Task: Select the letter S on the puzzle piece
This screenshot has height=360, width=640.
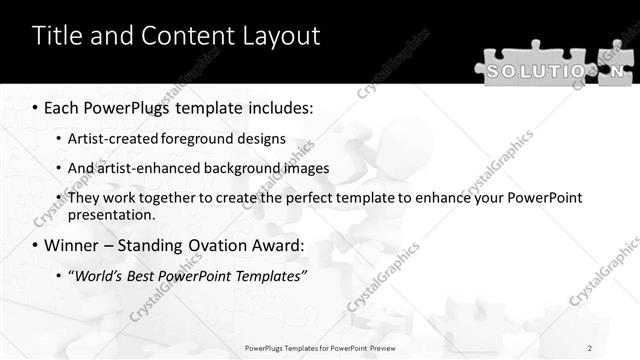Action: (495, 71)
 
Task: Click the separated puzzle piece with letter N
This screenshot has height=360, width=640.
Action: (619, 71)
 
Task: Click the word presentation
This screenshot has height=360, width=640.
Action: (111, 215)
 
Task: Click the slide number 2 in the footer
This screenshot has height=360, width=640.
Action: (589, 347)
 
